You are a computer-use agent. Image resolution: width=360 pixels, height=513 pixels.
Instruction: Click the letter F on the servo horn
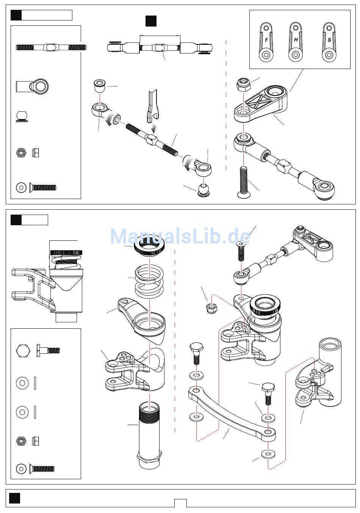[266, 40]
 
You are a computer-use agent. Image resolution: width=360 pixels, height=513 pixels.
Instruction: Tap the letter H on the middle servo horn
[296, 40]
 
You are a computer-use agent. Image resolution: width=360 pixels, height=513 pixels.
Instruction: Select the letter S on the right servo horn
[329, 40]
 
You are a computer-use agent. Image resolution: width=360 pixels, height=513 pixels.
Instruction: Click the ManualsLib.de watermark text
[180, 236]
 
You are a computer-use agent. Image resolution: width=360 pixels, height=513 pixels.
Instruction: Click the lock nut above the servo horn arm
[243, 84]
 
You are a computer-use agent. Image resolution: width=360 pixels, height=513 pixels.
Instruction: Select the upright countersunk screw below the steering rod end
[244, 182]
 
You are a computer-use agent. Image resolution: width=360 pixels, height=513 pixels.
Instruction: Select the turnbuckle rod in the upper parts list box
[51, 47]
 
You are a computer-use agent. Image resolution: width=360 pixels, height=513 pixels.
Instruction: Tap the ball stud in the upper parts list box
[22, 116]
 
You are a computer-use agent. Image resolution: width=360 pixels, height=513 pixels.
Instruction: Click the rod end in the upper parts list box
[32, 86]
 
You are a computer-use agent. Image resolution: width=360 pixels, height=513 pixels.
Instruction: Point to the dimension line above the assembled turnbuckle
[160, 36]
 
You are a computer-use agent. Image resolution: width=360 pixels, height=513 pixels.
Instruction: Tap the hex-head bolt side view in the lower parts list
[48, 351]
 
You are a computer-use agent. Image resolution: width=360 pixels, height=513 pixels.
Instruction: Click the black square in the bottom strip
[14, 498]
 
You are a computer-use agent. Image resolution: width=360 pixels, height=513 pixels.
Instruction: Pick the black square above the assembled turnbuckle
[151, 21]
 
